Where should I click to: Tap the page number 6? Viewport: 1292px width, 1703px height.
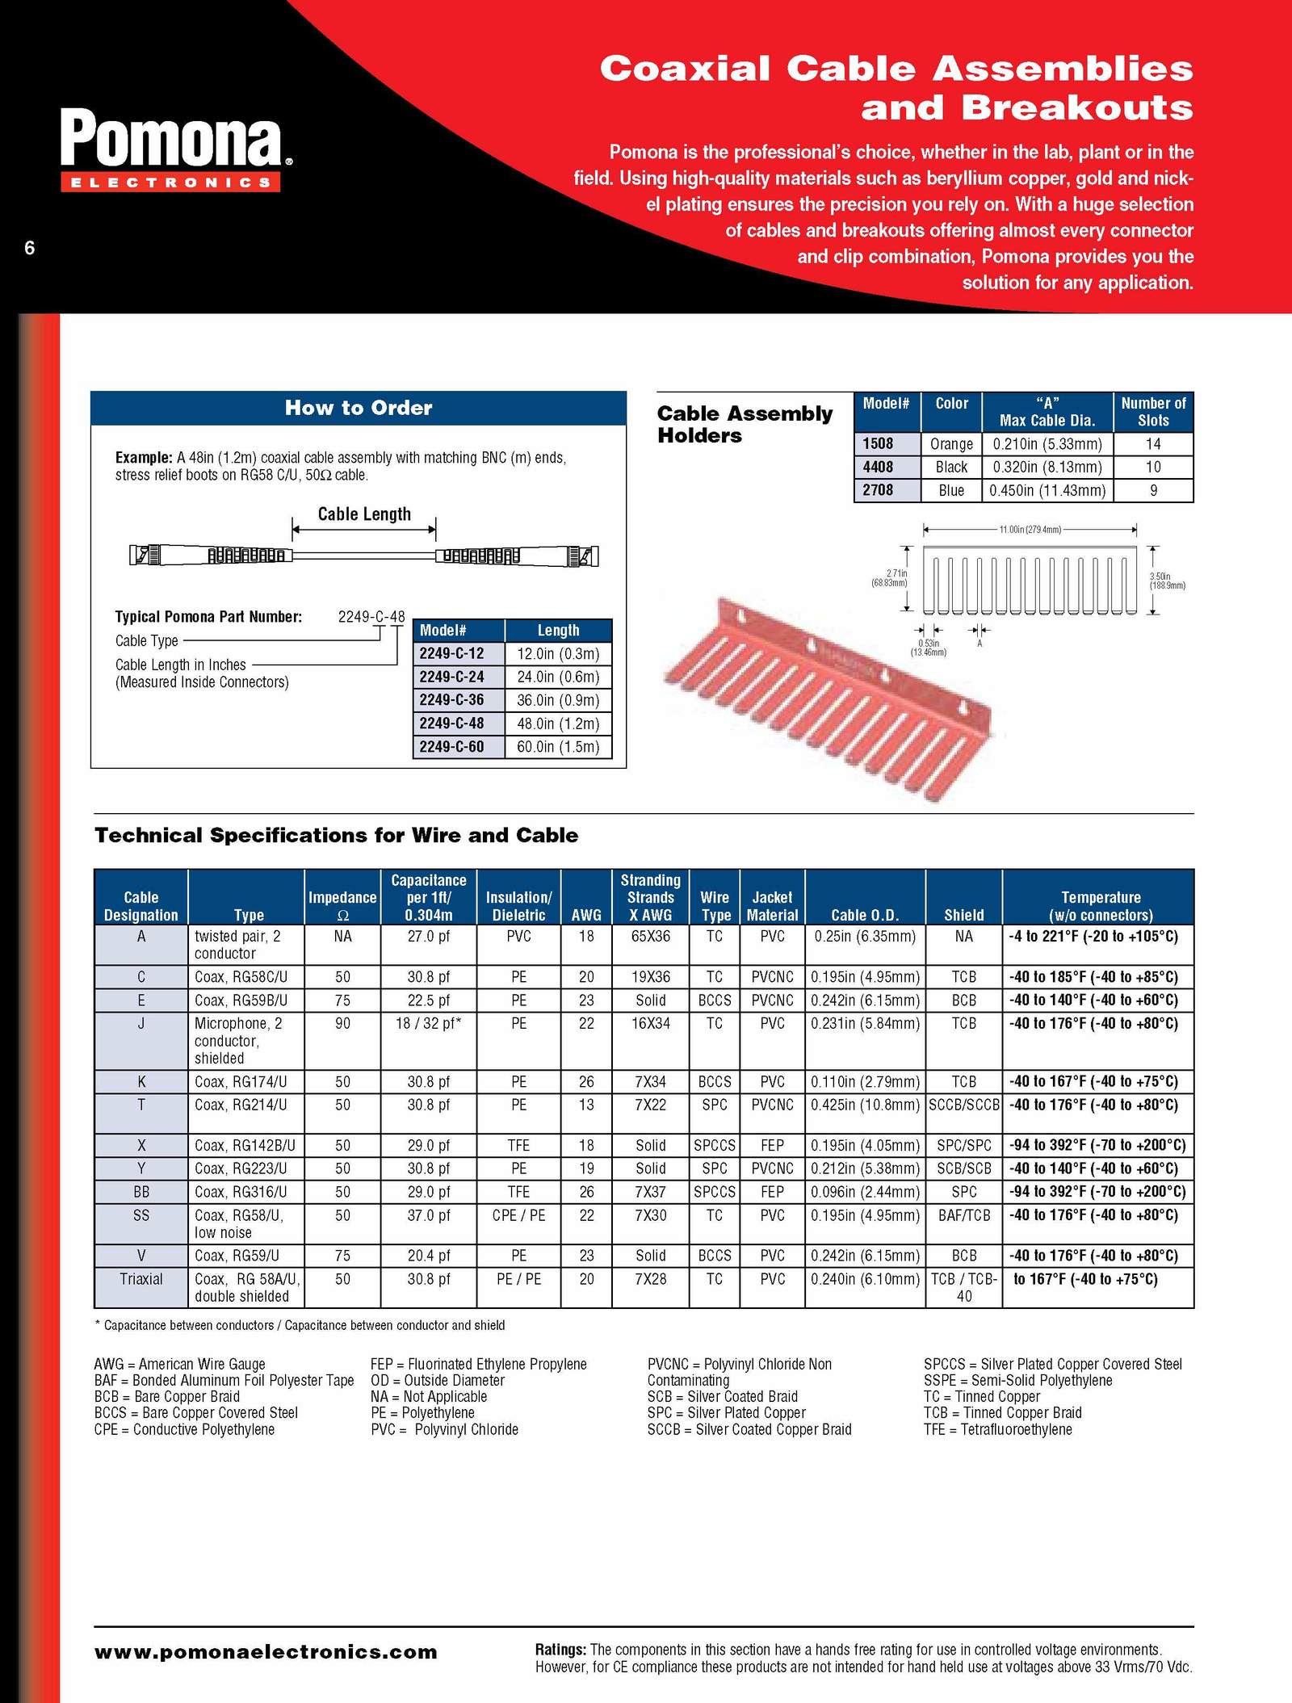click(30, 248)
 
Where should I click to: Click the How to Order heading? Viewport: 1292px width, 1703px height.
click(358, 408)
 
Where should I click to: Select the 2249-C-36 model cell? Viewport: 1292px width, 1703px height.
click(452, 700)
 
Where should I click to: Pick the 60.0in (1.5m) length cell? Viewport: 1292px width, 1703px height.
click(558, 747)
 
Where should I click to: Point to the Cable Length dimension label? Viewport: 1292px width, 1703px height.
click(364, 514)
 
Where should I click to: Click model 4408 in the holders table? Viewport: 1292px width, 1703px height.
click(878, 467)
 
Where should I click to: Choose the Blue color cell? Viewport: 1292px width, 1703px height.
click(951, 490)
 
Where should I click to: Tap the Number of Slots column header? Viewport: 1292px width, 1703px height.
click(1153, 412)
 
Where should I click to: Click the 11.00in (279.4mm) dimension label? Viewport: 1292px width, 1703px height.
click(1030, 530)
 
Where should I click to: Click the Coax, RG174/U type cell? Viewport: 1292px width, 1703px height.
click(241, 1081)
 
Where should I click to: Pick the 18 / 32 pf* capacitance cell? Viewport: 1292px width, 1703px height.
click(428, 1023)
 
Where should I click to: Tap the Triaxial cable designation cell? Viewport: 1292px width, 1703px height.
click(141, 1279)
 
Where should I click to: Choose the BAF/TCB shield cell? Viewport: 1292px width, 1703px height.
click(963, 1215)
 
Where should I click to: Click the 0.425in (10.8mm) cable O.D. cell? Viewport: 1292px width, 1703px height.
click(865, 1105)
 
